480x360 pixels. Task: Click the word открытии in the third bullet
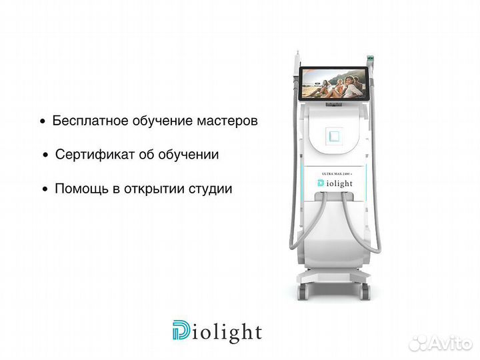pos(153,189)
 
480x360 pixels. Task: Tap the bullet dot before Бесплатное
pos(43,123)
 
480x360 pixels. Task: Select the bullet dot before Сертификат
pos(45,155)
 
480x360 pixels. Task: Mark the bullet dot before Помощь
pos(45,189)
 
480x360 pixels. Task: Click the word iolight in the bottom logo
pos(227,332)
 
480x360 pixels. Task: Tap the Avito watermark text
pos(448,343)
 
